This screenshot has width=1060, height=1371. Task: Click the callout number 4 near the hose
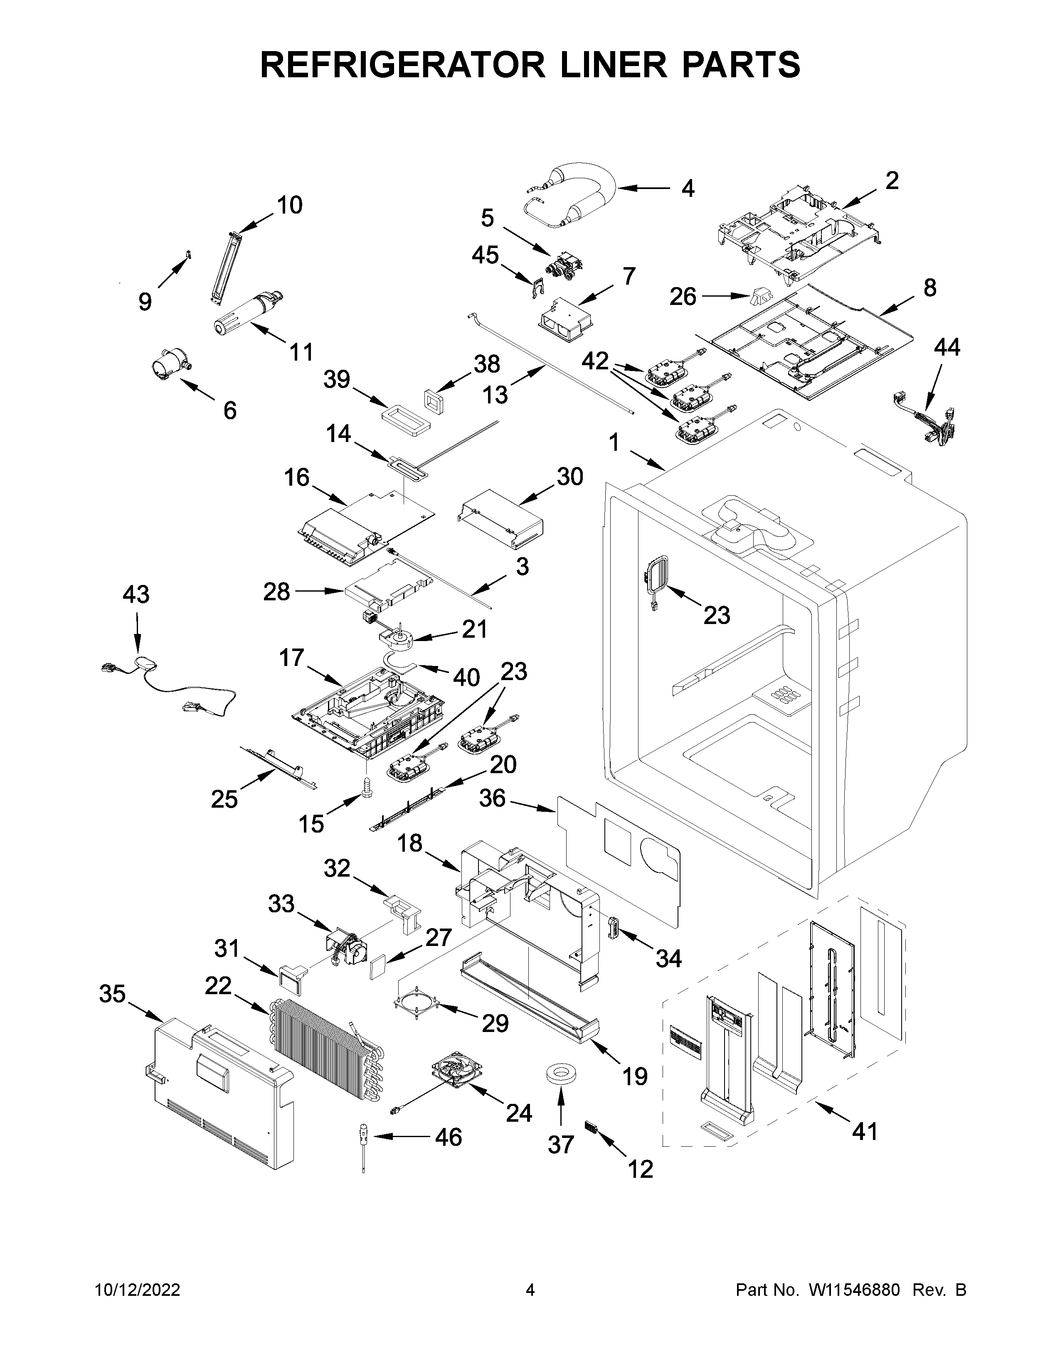pyautogui.click(x=688, y=188)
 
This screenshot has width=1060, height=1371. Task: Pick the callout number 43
pyautogui.click(x=136, y=594)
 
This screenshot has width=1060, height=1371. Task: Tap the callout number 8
pyautogui.click(x=929, y=287)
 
